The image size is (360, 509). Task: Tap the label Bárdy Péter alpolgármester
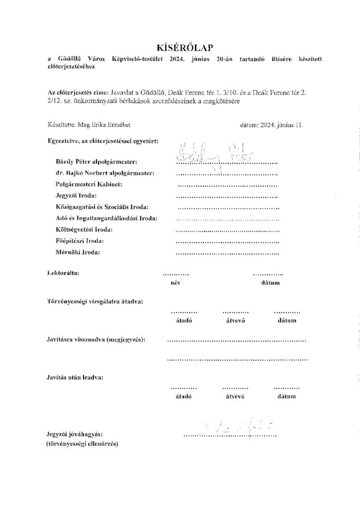[97, 162]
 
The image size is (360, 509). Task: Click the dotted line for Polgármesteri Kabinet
[227, 186]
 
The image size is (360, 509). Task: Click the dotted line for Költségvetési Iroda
[227, 231]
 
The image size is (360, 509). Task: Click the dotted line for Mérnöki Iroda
[227, 254]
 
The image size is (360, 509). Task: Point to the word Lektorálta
[63, 273]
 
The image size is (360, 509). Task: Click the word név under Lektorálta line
[175, 283]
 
